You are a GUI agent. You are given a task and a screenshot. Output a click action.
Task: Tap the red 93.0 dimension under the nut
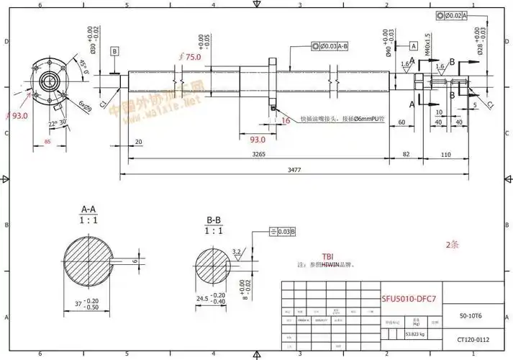point(257,139)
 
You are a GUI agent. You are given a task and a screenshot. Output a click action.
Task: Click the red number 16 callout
point(286,121)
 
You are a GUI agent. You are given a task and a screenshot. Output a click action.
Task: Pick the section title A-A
point(90,210)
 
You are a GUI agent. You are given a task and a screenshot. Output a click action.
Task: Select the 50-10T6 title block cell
point(471,315)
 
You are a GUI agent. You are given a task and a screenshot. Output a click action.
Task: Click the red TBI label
point(327,256)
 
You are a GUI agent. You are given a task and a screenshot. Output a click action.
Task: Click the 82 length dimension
point(407,154)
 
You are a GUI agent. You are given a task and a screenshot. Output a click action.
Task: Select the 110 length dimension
point(445,154)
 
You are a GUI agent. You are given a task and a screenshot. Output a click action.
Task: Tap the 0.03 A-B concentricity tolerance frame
point(330,47)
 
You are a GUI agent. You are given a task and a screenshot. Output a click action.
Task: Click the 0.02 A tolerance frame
point(451,14)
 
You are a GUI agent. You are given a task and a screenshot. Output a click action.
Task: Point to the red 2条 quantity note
point(452,244)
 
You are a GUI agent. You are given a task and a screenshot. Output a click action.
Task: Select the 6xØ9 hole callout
point(84,107)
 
